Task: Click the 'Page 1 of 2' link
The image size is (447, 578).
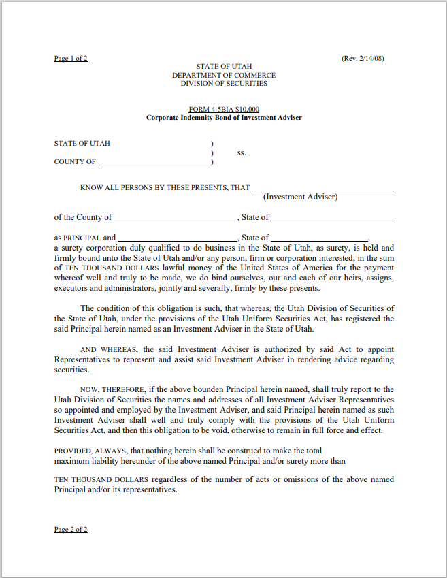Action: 71,59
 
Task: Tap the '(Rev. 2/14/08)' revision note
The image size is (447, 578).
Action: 363,59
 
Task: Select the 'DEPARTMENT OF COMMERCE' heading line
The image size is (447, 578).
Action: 224,75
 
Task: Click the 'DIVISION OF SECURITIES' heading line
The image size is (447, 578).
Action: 224,84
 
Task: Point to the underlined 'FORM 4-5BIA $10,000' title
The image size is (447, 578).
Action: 224,110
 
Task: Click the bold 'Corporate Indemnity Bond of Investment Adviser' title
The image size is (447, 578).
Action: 224,118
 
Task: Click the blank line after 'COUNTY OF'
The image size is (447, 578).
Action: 154,163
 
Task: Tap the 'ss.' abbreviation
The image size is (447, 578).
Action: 241,152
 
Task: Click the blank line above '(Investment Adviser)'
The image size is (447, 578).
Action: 322,189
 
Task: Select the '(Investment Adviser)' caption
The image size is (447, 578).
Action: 300,197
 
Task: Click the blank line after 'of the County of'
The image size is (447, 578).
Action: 176,219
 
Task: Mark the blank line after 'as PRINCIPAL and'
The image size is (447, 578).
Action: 178,240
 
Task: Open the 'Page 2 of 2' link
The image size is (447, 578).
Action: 71,529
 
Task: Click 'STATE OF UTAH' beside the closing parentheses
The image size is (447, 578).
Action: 82,144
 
